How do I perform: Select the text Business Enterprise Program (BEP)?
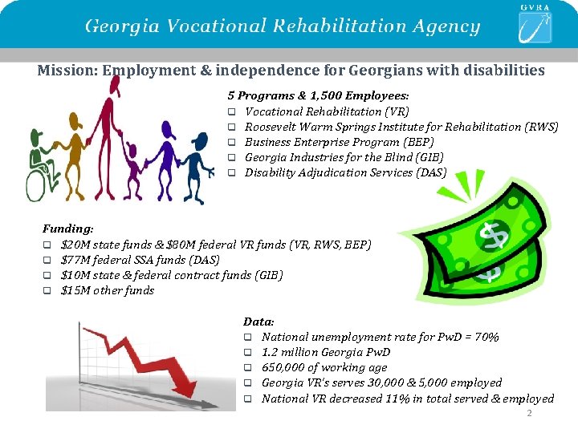tap(336, 142)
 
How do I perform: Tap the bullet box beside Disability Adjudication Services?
tap(230, 173)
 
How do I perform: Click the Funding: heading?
tap(67, 229)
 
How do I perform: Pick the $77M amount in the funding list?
tap(75, 260)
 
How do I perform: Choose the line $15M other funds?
tap(108, 290)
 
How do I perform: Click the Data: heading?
tap(258, 322)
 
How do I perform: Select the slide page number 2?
tap(528, 414)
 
